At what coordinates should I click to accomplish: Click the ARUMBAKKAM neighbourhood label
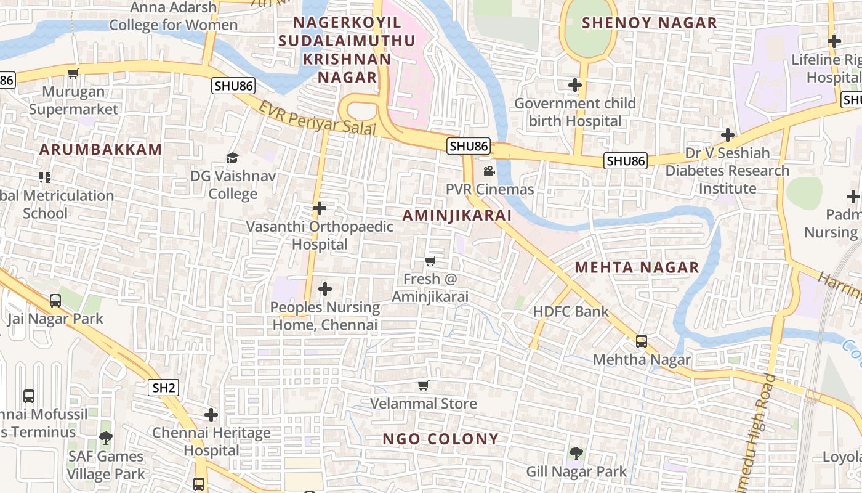tap(101, 149)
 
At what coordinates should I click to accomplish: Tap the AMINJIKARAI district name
tap(457, 215)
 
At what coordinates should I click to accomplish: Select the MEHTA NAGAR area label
tap(637, 267)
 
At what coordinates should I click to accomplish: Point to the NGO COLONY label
tap(440, 439)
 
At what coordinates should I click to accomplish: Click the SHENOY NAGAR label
tap(650, 23)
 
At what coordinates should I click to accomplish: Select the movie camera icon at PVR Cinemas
tap(489, 171)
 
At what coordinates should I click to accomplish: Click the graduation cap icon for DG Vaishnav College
tap(232, 158)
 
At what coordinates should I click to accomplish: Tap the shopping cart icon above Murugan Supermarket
tap(73, 74)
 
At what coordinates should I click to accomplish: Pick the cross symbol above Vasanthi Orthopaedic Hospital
tap(320, 208)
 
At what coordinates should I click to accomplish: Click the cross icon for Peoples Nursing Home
tap(325, 288)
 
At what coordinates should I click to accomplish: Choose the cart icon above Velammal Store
tap(423, 386)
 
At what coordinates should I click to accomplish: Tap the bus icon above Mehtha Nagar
tap(642, 341)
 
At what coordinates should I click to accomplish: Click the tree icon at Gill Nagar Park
tap(576, 454)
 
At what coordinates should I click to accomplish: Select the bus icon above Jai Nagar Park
tap(55, 301)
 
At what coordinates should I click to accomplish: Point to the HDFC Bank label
tap(571, 311)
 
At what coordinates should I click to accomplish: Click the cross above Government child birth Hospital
tap(575, 85)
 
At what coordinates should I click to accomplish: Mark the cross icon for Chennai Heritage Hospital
tap(211, 415)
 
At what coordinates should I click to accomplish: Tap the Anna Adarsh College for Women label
tap(173, 16)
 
